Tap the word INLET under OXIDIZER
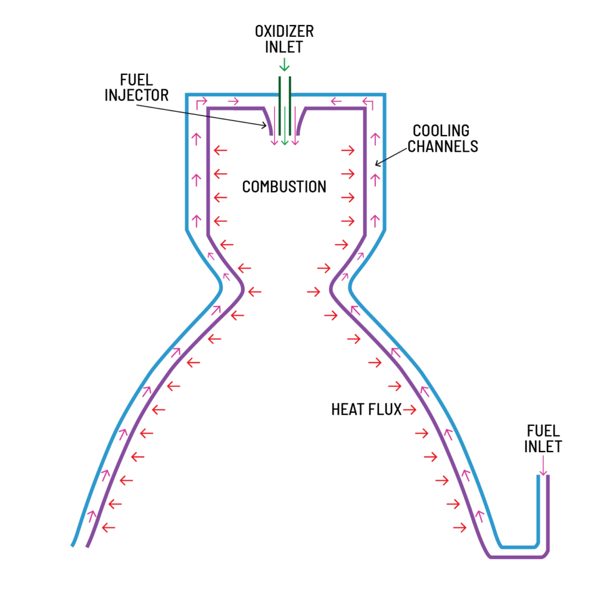point(284,46)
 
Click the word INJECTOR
point(137,95)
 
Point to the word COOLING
point(441,130)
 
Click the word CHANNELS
point(443,146)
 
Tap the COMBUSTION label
point(284,187)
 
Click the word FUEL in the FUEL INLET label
point(543,430)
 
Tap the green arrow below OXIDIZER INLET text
point(284,63)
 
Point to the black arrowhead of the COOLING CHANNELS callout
point(376,162)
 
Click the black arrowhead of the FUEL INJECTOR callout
point(266,126)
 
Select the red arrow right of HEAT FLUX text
point(410,409)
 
